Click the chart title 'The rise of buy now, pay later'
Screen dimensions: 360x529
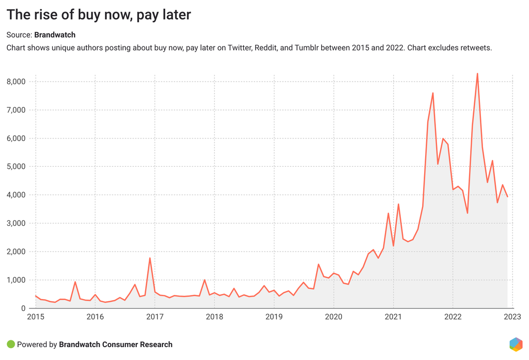[99, 15]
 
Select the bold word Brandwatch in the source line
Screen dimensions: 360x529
[55, 35]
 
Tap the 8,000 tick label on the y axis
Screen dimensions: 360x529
[17, 82]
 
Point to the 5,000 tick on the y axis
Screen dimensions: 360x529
[17, 167]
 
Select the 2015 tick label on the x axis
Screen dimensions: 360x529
[35, 317]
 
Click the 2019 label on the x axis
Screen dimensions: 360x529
[274, 317]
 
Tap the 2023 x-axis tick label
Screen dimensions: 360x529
[512, 317]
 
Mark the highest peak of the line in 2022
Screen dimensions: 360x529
[477, 73]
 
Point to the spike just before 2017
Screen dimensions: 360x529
[150, 258]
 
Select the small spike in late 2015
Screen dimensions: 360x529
[75, 282]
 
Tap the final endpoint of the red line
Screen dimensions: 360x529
[507, 197]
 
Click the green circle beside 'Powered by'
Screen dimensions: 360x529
[10, 345]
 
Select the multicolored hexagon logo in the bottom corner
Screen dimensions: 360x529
[516, 345]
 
